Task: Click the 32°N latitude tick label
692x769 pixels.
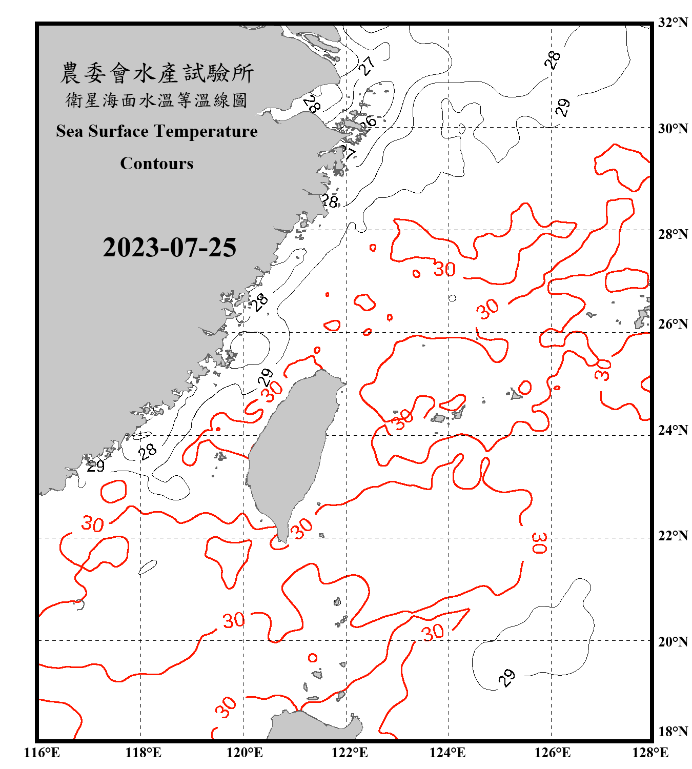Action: point(673,23)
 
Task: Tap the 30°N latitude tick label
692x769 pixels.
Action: point(673,129)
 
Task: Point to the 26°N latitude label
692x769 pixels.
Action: point(673,324)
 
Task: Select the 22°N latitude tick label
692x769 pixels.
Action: point(673,536)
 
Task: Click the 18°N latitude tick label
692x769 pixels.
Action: point(673,732)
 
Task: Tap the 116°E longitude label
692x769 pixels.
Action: point(42,753)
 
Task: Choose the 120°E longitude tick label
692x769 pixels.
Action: point(245,753)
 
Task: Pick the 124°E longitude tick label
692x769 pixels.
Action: point(447,753)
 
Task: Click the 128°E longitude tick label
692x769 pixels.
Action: point(650,753)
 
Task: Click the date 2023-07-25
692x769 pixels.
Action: point(169,248)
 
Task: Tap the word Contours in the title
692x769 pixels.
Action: point(156,164)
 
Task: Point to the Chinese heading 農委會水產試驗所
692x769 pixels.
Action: point(156,73)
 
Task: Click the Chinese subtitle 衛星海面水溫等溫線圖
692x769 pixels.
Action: point(156,100)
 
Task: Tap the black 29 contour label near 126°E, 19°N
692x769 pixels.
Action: point(506,678)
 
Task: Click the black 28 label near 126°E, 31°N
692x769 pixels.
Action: point(552,60)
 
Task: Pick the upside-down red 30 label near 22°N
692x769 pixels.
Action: point(540,543)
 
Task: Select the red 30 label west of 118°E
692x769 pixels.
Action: point(93,523)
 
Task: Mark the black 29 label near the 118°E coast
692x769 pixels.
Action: point(95,466)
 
